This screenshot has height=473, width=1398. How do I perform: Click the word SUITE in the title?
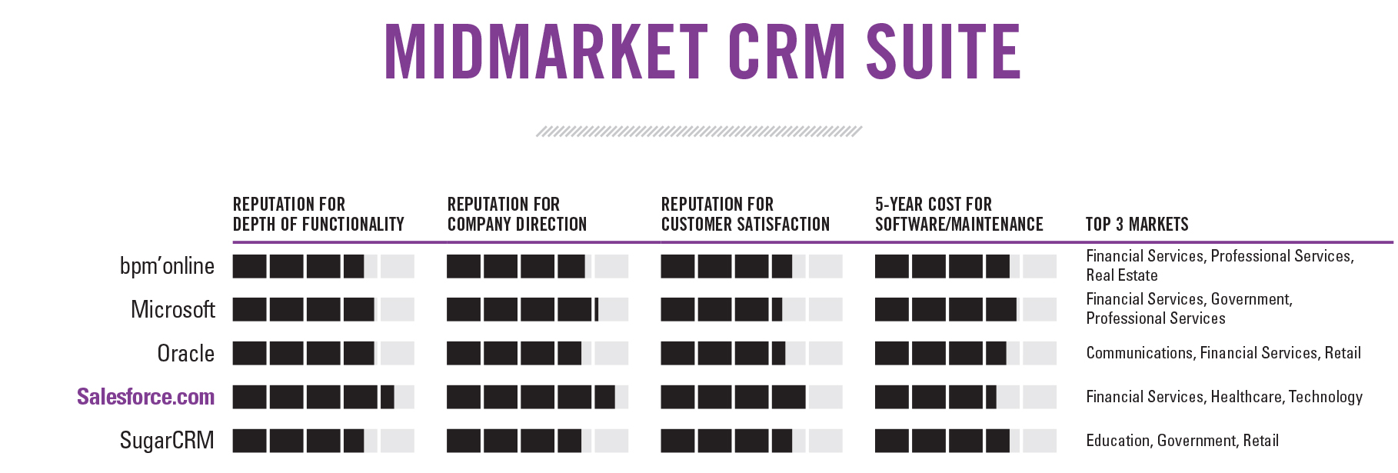[944, 52]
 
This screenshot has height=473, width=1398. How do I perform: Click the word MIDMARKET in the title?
[545, 52]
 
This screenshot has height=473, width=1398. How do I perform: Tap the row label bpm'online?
[167, 266]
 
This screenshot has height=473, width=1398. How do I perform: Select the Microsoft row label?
[173, 310]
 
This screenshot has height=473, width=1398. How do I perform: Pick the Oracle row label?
[186, 354]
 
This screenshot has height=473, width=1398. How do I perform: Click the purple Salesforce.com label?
[145, 397]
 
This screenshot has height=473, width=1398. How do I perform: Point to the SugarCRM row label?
[167, 441]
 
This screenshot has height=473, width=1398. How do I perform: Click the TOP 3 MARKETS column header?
[1137, 225]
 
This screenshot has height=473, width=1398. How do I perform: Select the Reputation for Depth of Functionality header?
[318, 215]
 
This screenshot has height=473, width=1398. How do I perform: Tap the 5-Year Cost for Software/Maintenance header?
[959, 215]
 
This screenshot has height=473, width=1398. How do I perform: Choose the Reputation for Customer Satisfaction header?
[745, 215]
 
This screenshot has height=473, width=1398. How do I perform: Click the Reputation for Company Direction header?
[517, 215]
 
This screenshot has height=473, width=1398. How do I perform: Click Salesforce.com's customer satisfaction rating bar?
[751, 397]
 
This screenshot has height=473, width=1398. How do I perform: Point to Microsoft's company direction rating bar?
[537, 310]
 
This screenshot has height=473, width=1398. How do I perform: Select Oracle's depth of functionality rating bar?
[323, 354]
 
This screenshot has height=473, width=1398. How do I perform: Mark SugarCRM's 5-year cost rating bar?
[965, 441]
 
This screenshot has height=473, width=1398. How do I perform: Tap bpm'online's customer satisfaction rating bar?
[751, 266]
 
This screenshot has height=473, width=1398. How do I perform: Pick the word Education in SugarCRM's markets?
[1118, 441]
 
